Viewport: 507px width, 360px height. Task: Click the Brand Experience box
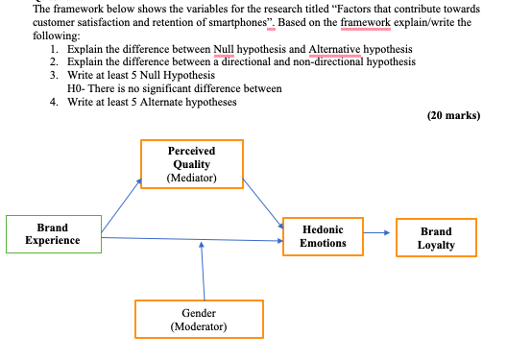point(53,234)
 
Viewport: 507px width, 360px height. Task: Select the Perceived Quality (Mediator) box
point(192,164)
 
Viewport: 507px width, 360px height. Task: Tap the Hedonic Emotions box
point(323,236)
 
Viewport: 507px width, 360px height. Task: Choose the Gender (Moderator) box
point(198,320)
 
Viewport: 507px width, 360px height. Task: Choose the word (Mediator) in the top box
point(192,178)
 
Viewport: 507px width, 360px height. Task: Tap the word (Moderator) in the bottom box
point(198,326)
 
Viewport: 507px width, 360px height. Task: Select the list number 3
point(54,75)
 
